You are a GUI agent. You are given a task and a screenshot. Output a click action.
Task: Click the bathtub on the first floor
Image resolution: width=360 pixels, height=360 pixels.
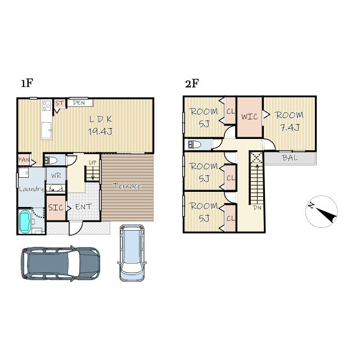[x=25, y=222]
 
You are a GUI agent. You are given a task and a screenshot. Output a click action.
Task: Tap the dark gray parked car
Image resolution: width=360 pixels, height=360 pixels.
[x=61, y=263]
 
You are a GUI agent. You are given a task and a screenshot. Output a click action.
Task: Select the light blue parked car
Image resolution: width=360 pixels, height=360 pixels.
[x=132, y=253]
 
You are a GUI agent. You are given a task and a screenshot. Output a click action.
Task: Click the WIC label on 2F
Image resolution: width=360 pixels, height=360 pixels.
[x=249, y=117]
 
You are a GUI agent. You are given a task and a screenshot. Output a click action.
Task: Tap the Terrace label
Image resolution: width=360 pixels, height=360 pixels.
[x=127, y=186]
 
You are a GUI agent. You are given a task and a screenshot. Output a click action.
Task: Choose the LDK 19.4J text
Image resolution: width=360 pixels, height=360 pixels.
[x=100, y=125]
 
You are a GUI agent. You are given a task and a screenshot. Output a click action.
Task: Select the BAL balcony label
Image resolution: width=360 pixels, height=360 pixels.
[x=290, y=157]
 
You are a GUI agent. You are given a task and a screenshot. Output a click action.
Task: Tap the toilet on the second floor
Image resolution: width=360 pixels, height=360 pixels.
[x=194, y=145]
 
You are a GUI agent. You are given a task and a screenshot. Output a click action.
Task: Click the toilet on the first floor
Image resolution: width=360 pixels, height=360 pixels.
[x=51, y=160]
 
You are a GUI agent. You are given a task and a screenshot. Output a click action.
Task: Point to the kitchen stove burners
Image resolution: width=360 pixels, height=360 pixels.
[x=46, y=106]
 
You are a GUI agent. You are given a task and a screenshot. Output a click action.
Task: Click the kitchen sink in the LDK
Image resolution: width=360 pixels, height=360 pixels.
[x=46, y=130]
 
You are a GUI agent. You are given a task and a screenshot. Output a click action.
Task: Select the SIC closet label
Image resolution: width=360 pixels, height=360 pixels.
[x=56, y=208]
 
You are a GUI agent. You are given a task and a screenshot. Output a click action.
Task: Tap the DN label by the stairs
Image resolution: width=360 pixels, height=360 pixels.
[x=257, y=208]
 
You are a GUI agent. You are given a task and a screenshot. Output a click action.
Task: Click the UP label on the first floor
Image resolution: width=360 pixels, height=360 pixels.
[x=92, y=163]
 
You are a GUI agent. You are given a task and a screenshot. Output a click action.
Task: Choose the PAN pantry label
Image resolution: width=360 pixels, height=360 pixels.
[x=24, y=160]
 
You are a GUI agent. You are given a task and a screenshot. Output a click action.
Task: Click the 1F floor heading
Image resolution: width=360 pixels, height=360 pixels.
[x=27, y=83]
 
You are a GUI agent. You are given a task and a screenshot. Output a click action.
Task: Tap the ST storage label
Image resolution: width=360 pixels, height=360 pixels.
[x=60, y=103]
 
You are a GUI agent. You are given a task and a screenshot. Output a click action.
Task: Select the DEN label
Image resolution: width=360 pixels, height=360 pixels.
[x=79, y=103]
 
